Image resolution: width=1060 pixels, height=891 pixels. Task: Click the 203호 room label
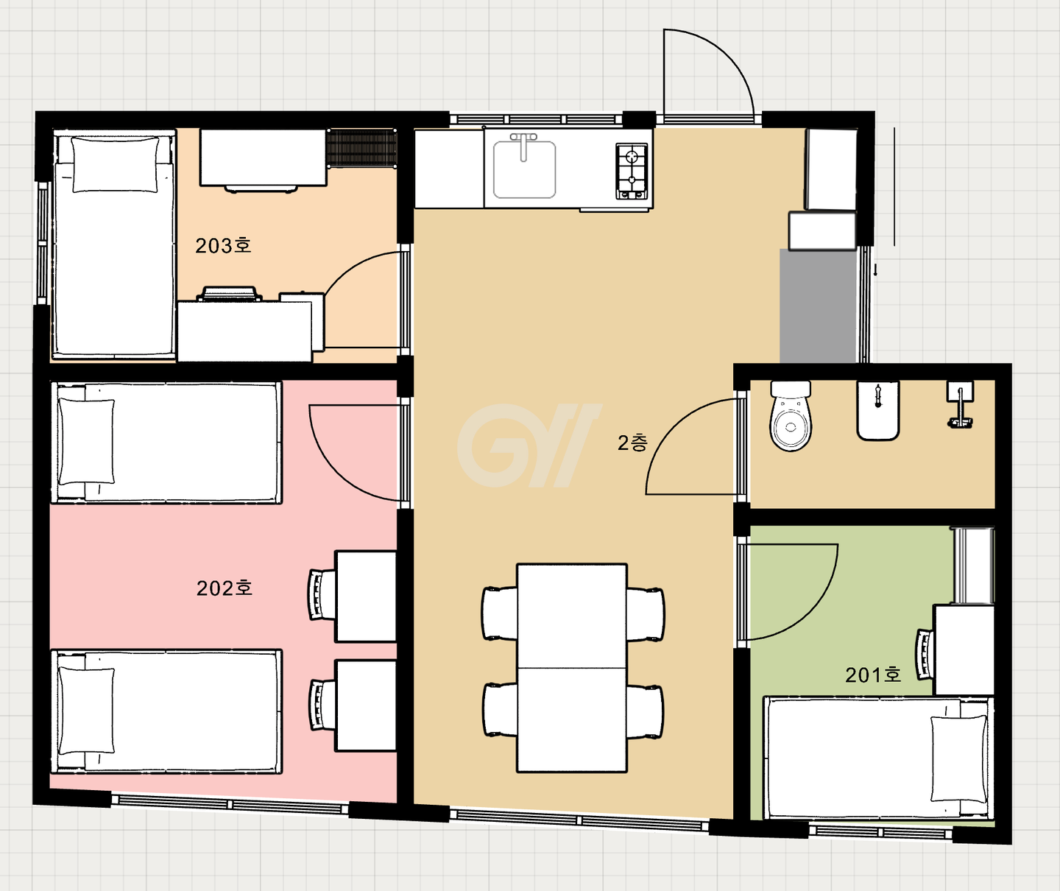coord(223,246)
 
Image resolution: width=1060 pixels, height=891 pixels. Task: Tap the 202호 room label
coord(225,588)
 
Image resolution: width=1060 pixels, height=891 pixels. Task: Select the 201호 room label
coord(873,675)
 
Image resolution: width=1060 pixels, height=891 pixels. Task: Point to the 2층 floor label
coord(632,443)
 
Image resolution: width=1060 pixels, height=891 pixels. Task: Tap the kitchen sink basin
coord(524,169)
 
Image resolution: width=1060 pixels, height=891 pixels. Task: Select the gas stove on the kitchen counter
coord(632,171)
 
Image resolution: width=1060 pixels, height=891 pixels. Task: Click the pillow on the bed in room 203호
coord(116,165)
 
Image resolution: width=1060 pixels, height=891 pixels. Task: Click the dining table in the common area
coord(572,668)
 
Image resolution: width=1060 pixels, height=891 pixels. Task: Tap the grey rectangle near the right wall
coord(818,306)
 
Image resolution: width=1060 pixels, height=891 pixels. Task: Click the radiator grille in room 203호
coord(362,148)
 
